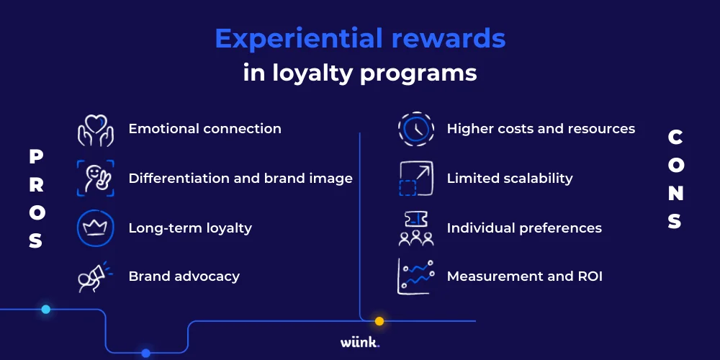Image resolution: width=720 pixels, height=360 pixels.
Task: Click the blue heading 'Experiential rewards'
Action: click(x=360, y=39)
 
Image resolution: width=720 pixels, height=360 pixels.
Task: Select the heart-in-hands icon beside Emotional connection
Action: click(x=96, y=130)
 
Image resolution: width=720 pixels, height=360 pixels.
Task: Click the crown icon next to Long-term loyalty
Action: click(x=95, y=228)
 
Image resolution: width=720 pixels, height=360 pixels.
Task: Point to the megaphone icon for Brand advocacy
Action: click(x=95, y=277)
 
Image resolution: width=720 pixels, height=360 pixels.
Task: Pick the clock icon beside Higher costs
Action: click(x=415, y=129)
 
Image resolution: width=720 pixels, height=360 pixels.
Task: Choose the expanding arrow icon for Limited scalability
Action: click(x=415, y=179)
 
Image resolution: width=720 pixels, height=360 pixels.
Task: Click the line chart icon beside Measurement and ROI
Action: click(x=415, y=276)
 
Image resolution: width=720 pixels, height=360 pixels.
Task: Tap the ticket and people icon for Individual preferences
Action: click(x=415, y=228)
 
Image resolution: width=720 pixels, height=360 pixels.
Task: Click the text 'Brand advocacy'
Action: click(x=184, y=276)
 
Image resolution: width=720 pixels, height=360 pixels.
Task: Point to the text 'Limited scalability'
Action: click(x=510, y=179)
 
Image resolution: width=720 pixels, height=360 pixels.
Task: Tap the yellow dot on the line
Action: click(x=379, y=321)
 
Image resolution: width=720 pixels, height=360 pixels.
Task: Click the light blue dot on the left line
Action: click(x=46, y=310)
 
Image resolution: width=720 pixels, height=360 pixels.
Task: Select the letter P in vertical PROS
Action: click(x=36, y=156)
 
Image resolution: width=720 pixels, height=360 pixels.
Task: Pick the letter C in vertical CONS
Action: click(x=675, y=137)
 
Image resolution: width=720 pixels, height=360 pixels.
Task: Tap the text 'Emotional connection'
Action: click(x=204, y=129)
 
